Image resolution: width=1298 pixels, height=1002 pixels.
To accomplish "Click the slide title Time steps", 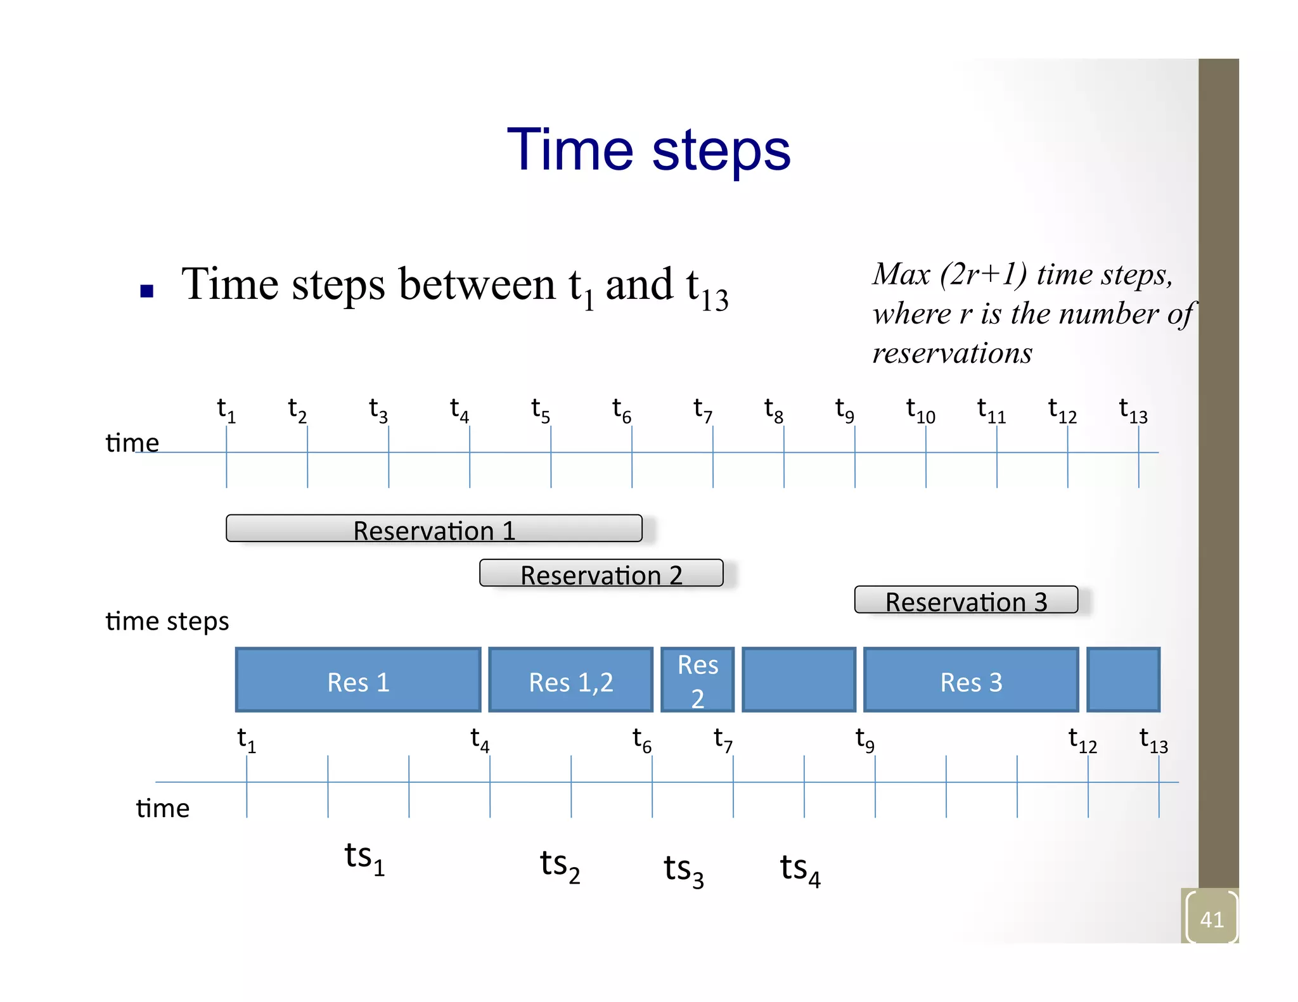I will [x=648, y=150].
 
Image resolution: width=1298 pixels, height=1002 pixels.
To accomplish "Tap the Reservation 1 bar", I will [x=434, y=529].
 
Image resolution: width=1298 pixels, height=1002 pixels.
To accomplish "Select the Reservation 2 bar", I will [x=601, y=574].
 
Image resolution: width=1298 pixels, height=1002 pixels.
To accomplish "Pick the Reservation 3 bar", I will [x=965, y=600].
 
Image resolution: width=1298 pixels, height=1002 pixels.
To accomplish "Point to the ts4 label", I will [x=799, y=869].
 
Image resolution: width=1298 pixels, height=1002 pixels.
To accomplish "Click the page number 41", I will [x=1211, y=919].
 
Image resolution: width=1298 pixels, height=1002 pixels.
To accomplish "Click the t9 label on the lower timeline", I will [x=864, y=739].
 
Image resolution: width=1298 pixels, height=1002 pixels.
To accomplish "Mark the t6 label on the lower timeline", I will [x=641, y=739].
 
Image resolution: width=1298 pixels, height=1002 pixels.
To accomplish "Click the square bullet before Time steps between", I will [x=147, y=291].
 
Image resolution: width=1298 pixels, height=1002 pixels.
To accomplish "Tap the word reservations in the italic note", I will [x=952, y=353].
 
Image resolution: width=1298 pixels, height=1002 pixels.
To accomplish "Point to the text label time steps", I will [x=167, y=621].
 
